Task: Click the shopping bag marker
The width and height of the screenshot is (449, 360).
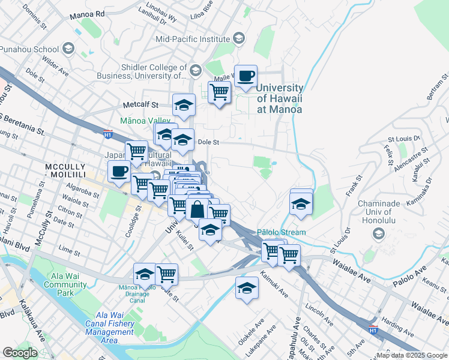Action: pyautogui.click(x=197, y=210)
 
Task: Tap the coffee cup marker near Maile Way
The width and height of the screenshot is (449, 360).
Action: pyautogui.click(x=246, y=77)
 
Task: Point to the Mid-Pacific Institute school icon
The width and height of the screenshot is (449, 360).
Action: pyautogui.click(x=239, y=40)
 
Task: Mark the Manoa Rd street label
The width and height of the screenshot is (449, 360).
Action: pyautogui.click(x=87, y=13)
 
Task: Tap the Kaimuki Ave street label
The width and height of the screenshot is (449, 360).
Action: pyautogui.click(x=274, y=285)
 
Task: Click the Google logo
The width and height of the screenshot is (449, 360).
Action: pyautogui.click(x=20, y=352)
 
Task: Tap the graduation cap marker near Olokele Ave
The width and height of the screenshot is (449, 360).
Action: pyautogui.click(x=247, y=289)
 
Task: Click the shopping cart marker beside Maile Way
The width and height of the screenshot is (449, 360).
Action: pyautogui.click(x=219, y=92)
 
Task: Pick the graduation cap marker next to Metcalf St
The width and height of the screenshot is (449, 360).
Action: pyautogui.click(x=184, y=106)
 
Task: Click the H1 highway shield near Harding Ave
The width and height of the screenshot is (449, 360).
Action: pyautogui.click(x=373, y=329)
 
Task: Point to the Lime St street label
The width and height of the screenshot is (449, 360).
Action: pyautogui.click(x=70, y=248)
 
